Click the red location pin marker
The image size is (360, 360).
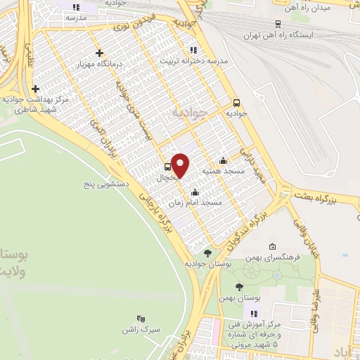181,165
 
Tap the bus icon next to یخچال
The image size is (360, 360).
167,167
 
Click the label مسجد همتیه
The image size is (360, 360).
223,171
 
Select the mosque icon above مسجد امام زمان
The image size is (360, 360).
195,192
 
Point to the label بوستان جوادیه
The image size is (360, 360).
210,263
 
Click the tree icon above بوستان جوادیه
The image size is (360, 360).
207,253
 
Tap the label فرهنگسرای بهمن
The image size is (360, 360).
277,257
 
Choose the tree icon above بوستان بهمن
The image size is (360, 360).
240,287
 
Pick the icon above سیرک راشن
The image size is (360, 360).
141,319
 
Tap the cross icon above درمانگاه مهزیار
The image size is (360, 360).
99,53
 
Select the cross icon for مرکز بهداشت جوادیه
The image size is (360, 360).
35,89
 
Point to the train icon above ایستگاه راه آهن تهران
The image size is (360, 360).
278,23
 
